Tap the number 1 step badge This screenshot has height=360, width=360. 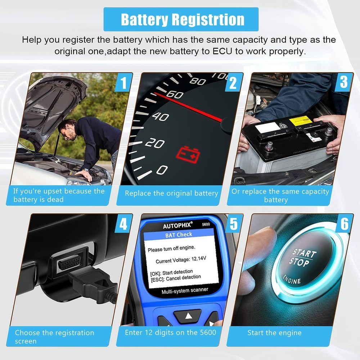pyautogui.click(x=123, y=83)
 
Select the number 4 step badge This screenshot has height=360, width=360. pyautogui.click(x=123, y=224)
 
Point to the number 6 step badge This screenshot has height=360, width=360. pyautogui.click(x=344, y=224)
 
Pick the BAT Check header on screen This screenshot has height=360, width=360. pyautogui.click(x=179, y=235)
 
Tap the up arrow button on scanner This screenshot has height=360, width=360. pyautogui.click(x=187, y=317)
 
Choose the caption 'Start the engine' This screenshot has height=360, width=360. pyautogui.click(x=274, y=333)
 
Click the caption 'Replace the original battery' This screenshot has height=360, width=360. pyautogui.click(x=171, y=193)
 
